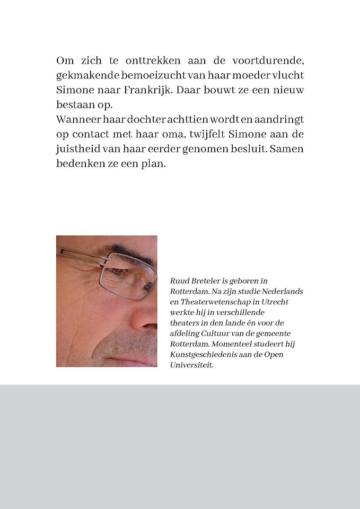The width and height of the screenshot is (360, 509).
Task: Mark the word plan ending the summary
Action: [155, 164]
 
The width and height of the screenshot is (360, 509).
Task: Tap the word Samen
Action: [287, 149]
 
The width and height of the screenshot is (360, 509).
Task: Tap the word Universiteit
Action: [191, 365]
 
